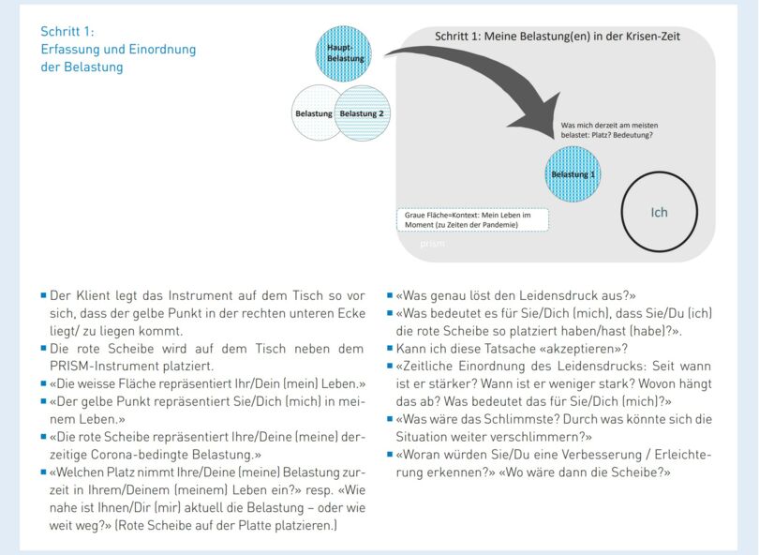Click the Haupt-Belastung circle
[x=344, y=53]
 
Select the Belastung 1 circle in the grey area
[x=573, y=174]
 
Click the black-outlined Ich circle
[x=659, y=212]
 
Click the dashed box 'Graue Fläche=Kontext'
[x=472, y=220]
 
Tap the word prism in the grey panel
[x=433, y=244]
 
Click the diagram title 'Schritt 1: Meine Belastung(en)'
[x=557, y=37]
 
